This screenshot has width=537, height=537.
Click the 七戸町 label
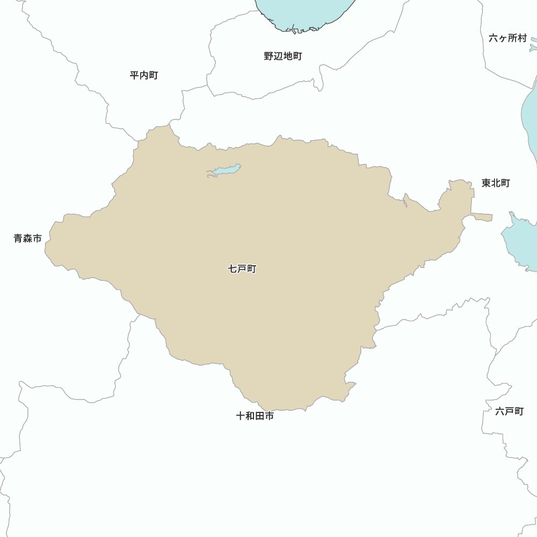coord(242,268)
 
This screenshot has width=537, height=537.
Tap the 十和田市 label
coord(255,416)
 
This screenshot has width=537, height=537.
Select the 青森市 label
coord(28,238)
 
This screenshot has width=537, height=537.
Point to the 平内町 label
coord(144,75)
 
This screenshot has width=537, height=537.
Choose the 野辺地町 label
coord(283,56)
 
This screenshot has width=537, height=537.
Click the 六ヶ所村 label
coord(508,38)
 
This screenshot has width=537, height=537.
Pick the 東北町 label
coord(496,183)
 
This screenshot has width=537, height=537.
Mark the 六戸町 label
coord(509,411)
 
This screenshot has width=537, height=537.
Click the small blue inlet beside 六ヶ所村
coord(533,47)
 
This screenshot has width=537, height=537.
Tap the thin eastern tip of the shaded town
coord(483,217)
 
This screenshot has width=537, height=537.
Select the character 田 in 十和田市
coord(260,416)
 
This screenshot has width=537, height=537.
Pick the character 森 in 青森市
coord(28,238)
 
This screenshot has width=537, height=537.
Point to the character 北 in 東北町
coord(496,183)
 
